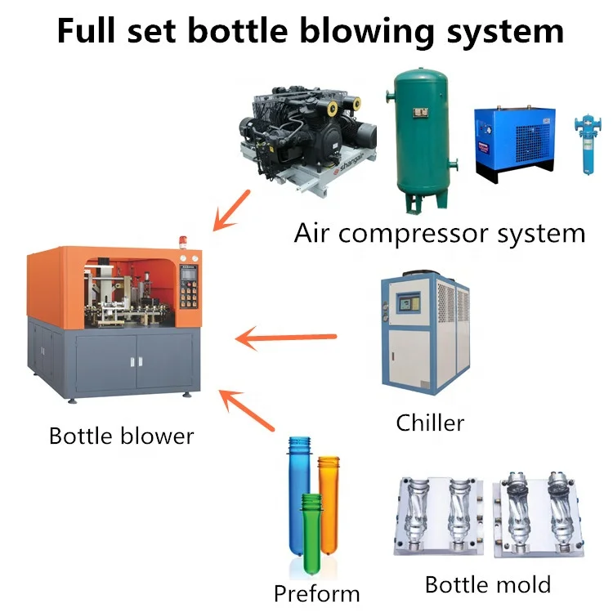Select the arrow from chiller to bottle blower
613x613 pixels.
pos(285,336)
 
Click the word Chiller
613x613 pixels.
pos(430,423)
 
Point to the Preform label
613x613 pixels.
pos(316,593)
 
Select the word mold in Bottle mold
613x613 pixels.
pos(522,584)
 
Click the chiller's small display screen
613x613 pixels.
pos(406,303)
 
